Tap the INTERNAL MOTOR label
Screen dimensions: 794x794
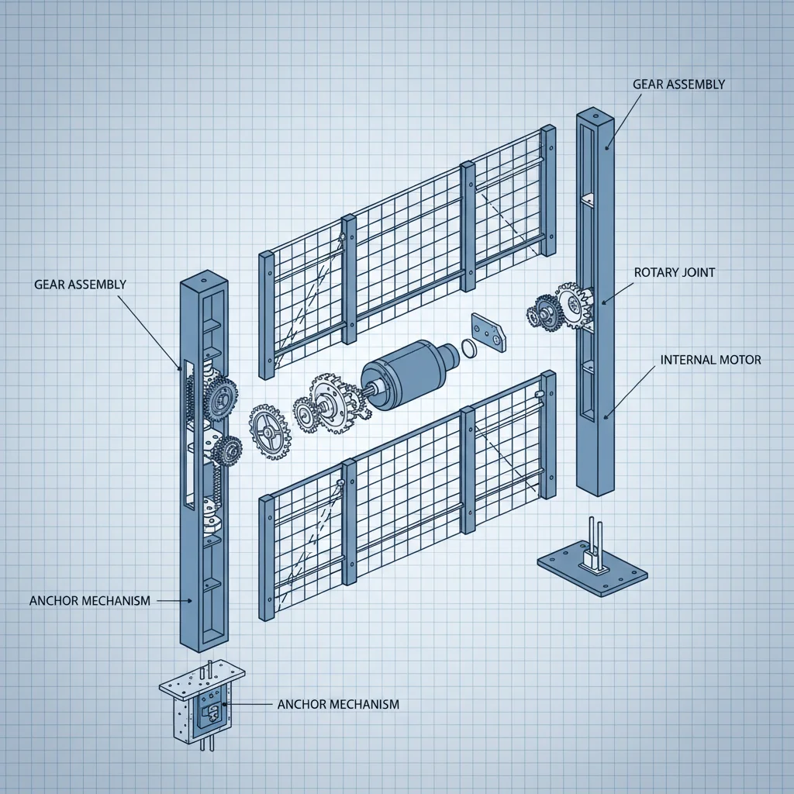710,360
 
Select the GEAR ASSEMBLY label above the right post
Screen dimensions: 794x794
678,84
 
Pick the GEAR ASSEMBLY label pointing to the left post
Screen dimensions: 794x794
80,285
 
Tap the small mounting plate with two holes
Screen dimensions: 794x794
488,330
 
